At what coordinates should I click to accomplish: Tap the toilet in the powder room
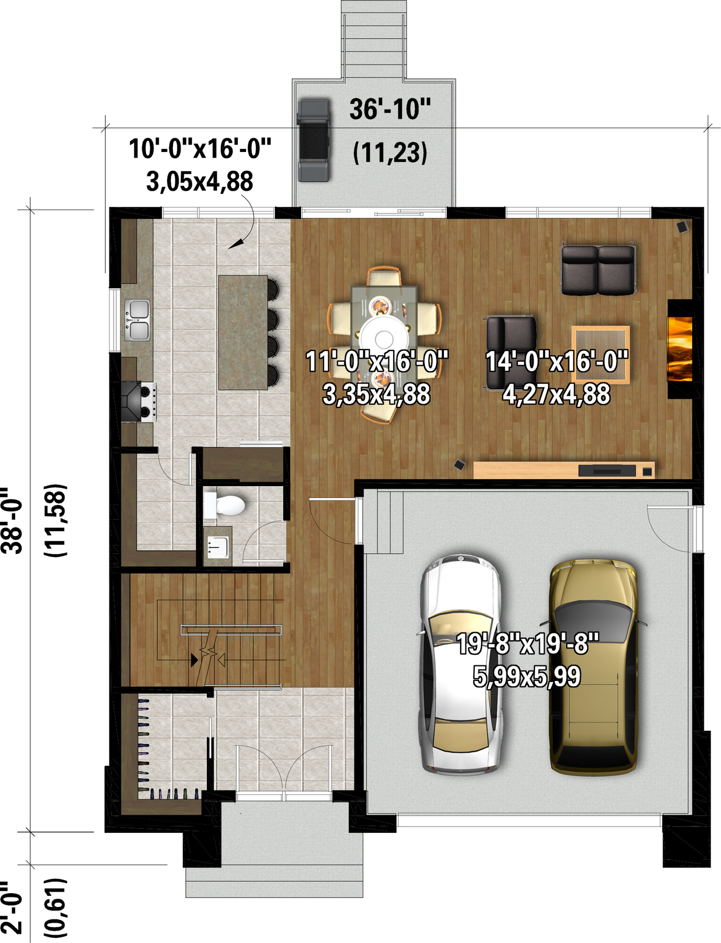tap(225, 506)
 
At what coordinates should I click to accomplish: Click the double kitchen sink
tap(137, 320)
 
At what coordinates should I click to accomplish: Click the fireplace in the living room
tap(680, 349)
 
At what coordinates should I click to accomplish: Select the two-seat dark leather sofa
tap(598, 269)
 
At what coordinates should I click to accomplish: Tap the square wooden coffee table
tap(600, 354)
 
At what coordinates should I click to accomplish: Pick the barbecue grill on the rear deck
tap(314, 140)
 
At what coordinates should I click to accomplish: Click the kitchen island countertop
tap(243, 333)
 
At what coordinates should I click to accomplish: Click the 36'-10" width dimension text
tap(390, 109)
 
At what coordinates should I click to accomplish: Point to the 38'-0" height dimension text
tap(13, 520)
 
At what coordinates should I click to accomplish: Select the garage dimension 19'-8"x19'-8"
tap(527, 644)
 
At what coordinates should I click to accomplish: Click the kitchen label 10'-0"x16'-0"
tap(200, 149)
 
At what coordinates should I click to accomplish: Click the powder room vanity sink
tap(218, 547)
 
